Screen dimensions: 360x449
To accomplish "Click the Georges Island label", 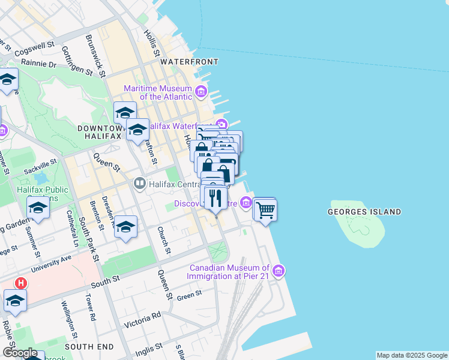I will coord(364,212).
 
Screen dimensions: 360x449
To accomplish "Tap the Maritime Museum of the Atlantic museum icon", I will coord(201,92).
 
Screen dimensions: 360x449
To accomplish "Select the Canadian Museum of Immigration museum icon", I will coord(277,271).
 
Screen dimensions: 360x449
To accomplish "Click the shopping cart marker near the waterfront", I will coord(265,210).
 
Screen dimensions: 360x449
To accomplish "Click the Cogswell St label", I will coord(34,47).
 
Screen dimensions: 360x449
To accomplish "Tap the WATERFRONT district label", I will coord(189,62).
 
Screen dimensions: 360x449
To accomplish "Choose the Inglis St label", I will coord(150,347).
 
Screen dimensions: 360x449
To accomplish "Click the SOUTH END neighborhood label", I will coord(89,347).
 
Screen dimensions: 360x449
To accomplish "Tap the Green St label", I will coord(189,295).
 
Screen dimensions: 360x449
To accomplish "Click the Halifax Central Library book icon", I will coord(140,182).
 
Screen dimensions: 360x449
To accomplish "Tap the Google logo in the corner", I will coord(19,353).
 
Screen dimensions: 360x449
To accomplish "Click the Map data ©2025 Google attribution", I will coord(412,355).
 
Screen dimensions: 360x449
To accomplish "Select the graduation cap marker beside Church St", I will coord(125,227).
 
